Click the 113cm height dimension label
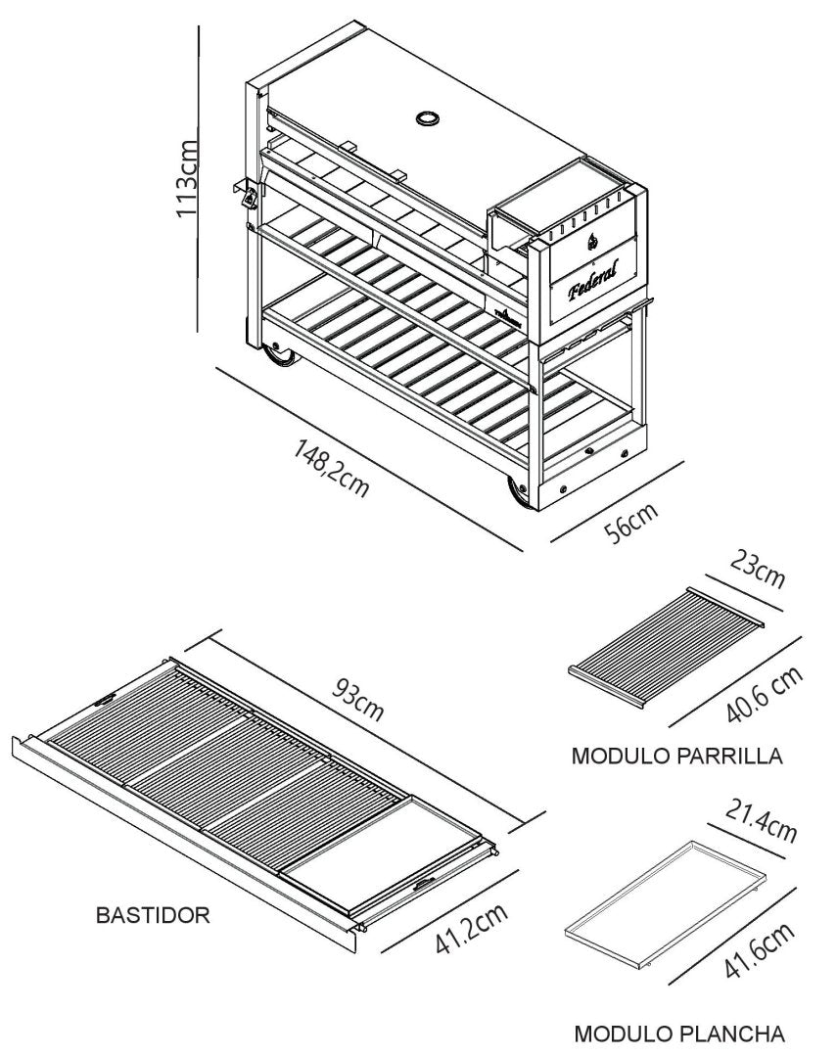[185, 180]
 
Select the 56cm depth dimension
[628, 528]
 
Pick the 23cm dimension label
[755, 572]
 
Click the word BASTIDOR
[153, 916]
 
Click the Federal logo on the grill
[589, 273]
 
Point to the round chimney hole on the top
[428, 118]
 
